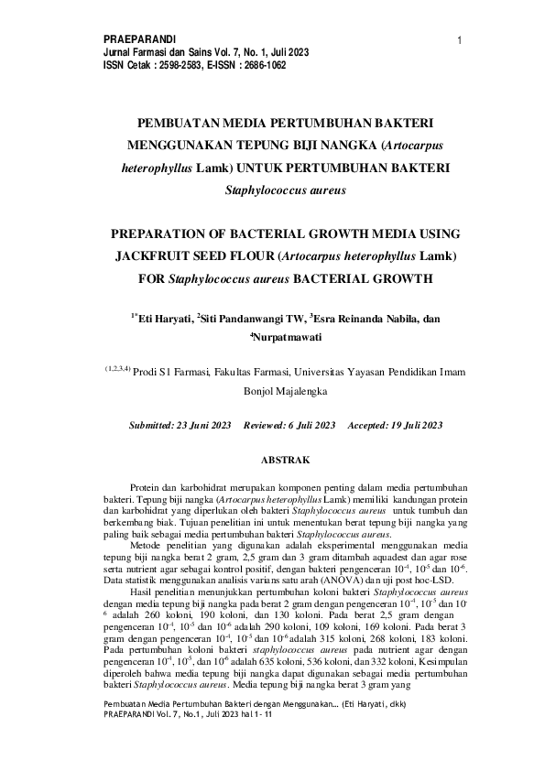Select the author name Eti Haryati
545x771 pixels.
click(164, 320)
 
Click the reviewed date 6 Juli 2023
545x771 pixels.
click(308, 426)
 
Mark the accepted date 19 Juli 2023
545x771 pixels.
click(407, 426)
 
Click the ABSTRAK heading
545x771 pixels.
click(286, 459)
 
